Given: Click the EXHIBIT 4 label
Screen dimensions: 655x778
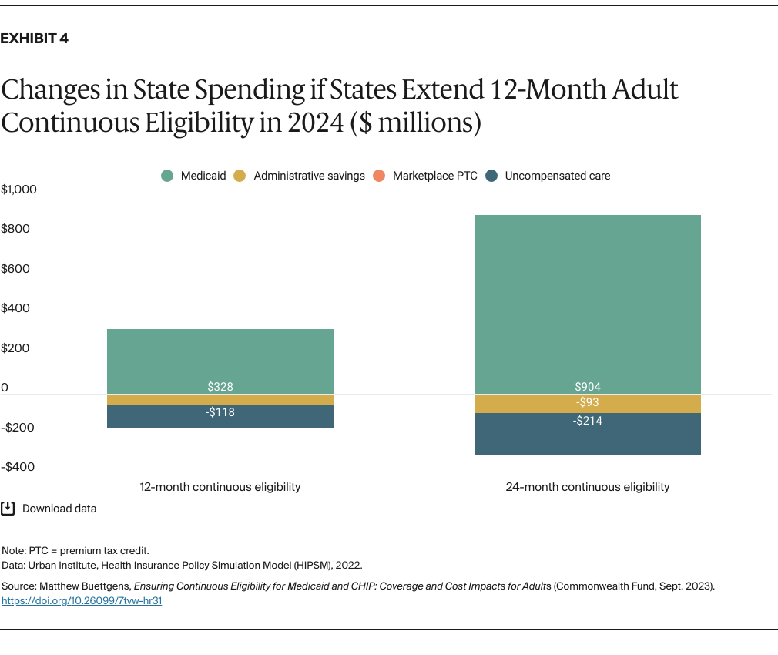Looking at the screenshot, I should [x=35, y=39].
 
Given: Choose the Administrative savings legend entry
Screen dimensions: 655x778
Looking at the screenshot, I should [x=300, y=176].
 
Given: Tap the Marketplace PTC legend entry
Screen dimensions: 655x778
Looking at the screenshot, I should [x=426, y=176].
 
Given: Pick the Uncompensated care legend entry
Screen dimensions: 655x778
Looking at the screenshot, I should [x=548, y=176].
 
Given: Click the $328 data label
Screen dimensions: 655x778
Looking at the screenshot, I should [x=220, y=387].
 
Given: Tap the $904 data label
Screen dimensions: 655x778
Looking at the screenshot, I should [x=588, y=387].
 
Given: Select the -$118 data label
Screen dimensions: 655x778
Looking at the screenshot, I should [x=220, y=412].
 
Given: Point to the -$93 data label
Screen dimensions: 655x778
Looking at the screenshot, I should [x=588, y=402].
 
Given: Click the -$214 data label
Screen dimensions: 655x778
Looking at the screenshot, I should [x=588, y=421].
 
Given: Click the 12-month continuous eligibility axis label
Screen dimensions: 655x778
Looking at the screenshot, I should [x=220, y=487].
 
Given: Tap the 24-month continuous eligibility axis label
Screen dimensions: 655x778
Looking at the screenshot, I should [x=588, y=487].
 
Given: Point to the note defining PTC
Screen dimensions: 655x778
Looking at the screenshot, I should [x=75, y=550].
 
